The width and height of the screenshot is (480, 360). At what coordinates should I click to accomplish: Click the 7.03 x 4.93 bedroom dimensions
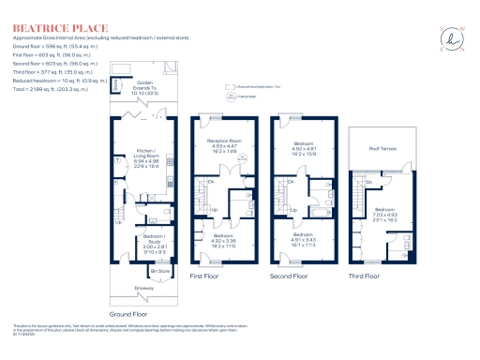click(387, 215)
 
